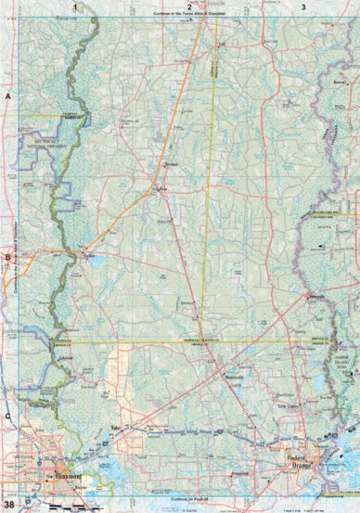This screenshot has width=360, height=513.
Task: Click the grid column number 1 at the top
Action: pyautogui.click(x=73, y=6)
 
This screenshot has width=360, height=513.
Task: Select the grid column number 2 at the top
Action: pyautogui.click(x=189, y=6)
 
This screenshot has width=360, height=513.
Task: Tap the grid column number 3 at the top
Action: pyautogui.click(x=304, y=6)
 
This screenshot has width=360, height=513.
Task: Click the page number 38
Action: pyautogui.click(x=8, y=505)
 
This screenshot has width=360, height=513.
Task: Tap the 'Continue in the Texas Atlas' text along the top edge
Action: pyautogui.click(x=189, y=16)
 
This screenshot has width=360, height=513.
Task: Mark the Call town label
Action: pyautogui.click(x=221, y=44)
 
